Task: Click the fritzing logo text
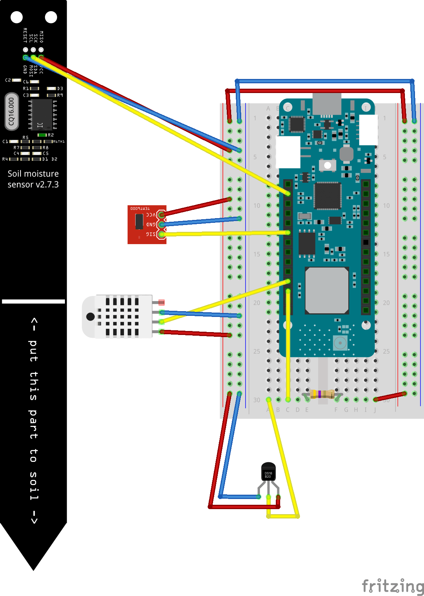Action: tap(392, 586)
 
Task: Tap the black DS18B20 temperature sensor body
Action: tap(268, 472)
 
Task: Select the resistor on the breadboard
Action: tap(322, 394)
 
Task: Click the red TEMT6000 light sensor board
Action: tap(147, 224)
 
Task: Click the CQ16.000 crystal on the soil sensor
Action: tap(12, 111)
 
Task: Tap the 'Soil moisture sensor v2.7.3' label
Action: tap(33, 179)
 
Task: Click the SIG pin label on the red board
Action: tap(151, 234)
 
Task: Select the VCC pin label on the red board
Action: tap(151, 215)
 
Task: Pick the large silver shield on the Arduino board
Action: tap(327, 290)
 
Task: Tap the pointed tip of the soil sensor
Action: tap(33, 566)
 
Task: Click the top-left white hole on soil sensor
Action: tap(17, 17)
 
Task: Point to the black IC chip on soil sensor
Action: tap(42, 114)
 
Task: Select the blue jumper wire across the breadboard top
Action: tap(324, 81)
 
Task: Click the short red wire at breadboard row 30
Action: tap(390, 396)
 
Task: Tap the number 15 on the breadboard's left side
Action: tap(257, 254)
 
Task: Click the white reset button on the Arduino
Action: tap(327, 165)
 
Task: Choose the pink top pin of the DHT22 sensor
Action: tap(161, 302)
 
